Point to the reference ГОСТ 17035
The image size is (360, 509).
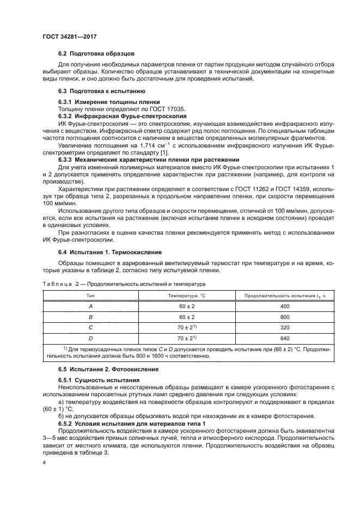pos(165,109)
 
